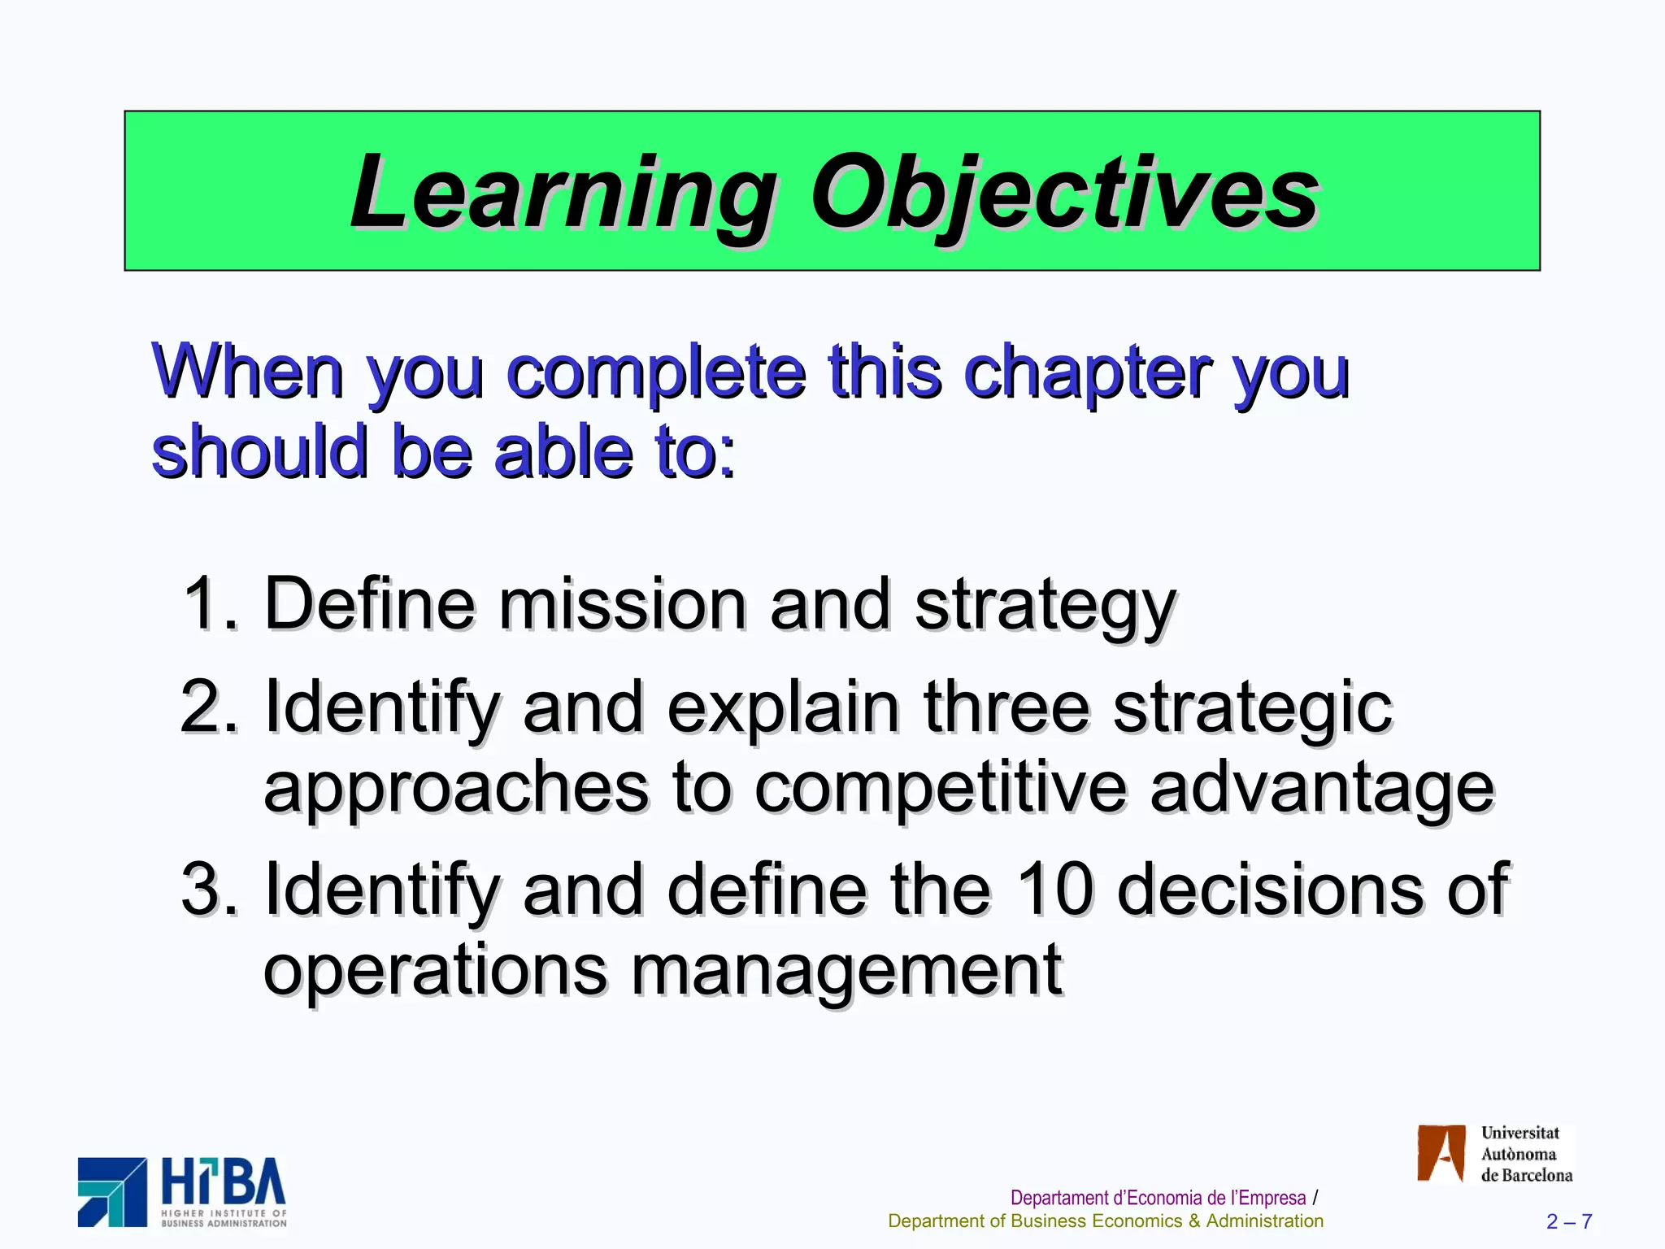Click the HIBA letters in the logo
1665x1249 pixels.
pos(224,1183)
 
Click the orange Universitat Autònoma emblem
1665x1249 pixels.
pos(1441,1153)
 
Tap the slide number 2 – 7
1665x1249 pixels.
pos(1569,1221)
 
